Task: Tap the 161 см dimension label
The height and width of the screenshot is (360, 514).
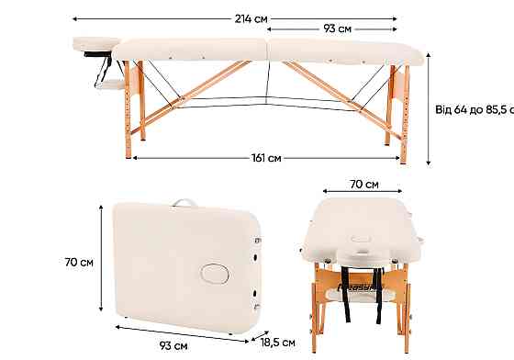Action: [265, 158]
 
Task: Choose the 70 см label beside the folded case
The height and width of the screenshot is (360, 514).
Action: [79, 262]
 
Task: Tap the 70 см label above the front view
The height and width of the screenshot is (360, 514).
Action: [364, 185]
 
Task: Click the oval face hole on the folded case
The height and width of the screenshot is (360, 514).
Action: [217, 274]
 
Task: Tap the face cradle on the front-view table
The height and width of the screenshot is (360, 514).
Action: [363, 252]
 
